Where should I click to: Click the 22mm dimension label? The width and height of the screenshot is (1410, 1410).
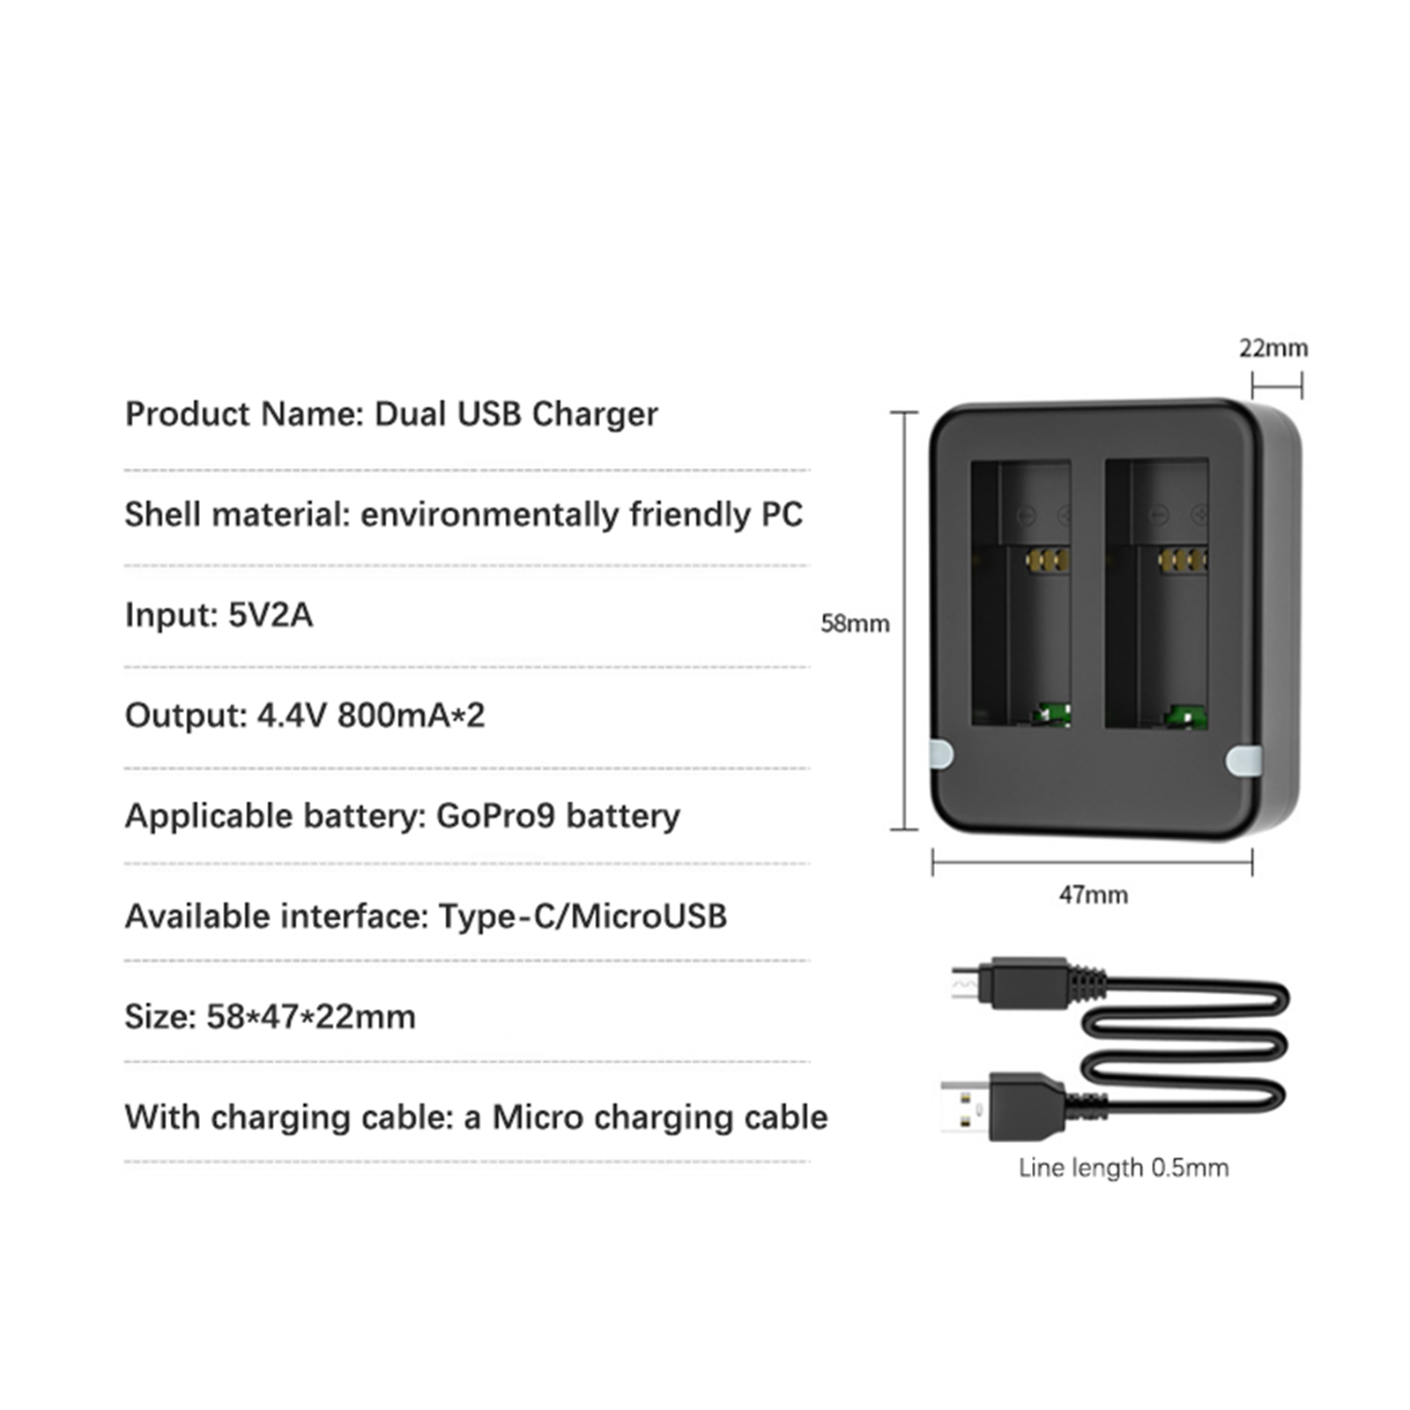tap(1273, 348)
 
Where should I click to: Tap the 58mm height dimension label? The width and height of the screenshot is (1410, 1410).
tap(854, 624)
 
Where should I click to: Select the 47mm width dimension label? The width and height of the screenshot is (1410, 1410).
tap(1093, 894)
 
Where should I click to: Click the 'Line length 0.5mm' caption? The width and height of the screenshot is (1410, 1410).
tap(1123, 1168)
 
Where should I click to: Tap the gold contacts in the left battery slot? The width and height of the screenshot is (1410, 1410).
tap(1047, 560)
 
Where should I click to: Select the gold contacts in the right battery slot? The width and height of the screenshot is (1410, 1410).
tap(1182, 560)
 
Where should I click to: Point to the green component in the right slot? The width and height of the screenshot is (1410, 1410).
tap(1186, 716)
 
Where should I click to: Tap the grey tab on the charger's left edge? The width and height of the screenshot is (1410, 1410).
tap(941, 754)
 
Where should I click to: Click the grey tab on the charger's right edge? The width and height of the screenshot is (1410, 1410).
tap(1243, 761)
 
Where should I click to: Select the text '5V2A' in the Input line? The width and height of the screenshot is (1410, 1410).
tap(270, 615)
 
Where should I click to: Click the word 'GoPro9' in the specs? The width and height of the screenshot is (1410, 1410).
tap(495, 816)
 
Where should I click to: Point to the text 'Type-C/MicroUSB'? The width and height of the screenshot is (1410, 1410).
tap(583, 916)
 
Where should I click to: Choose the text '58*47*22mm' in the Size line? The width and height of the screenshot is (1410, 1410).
tap(311, 1017)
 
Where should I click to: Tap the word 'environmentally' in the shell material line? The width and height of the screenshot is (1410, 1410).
tap(489, 515)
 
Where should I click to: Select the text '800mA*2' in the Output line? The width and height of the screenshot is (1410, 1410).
tap(411, 716)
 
